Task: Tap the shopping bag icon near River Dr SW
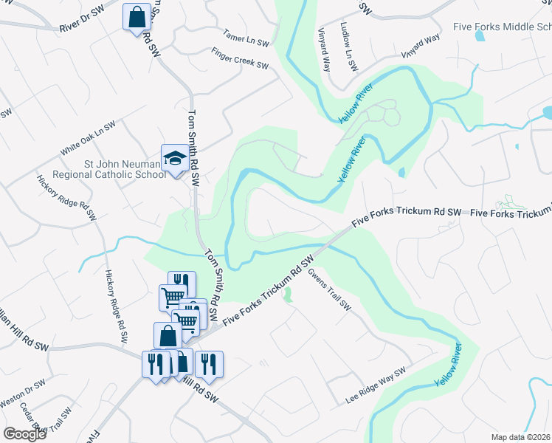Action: pos(137,16)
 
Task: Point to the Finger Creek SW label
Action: pos(240,60)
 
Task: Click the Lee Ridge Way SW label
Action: pos(376,386)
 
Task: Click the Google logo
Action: pos(24,433)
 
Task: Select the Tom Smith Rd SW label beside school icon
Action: pos(193,148)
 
